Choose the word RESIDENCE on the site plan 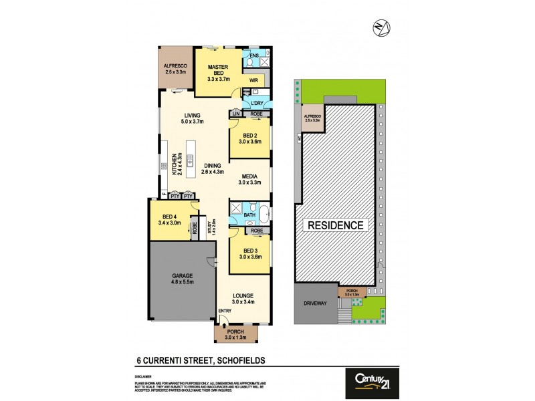coord(336,225)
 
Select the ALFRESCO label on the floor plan coord(175,65)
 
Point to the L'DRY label coord(258,102)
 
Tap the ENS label coord(254,55)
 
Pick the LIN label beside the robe coord(236,114)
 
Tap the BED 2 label coord(249,134)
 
